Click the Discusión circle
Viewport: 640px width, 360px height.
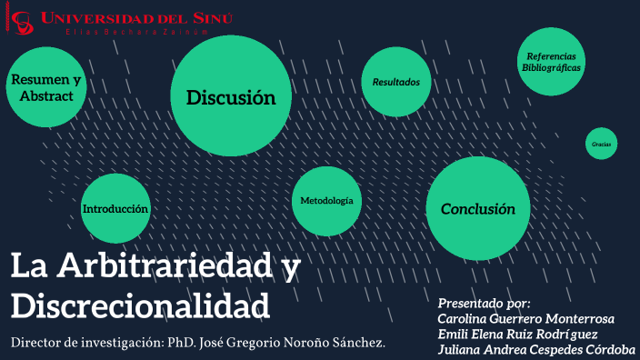[231, 96]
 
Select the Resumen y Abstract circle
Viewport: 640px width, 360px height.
[45, 87]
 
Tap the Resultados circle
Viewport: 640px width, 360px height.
[395, 82]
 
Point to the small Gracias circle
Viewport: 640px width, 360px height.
[601, 144]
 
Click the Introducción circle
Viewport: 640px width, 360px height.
[115, 208]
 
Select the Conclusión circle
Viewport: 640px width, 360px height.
[478, 208]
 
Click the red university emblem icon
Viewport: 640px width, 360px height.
[23, 23]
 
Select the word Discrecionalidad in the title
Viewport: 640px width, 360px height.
[140, 304]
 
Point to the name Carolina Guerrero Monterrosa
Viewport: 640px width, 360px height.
[526, 318]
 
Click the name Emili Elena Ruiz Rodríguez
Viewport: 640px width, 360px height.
[518, 334]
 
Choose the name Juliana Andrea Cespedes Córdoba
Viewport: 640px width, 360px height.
[536, 349]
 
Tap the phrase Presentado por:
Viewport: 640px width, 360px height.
[485, 303]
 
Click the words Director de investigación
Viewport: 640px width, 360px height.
[85, 343]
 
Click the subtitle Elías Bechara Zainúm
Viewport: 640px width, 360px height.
[125, 33]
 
